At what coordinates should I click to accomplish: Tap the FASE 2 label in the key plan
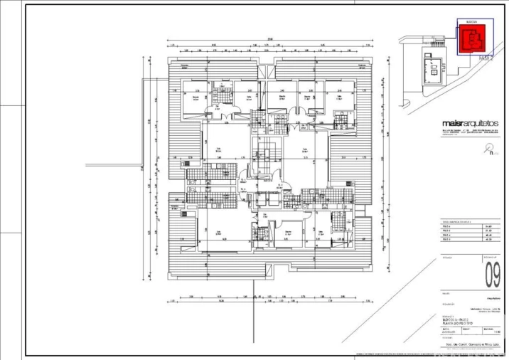click(x=486, y=58)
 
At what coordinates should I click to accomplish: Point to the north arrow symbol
click(x=488, y=149)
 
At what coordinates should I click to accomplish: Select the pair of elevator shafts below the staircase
click(x=268, y=200)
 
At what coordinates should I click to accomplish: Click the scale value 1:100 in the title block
click(x=496, y=333)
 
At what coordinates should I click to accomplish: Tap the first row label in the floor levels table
click(x=446, y=227)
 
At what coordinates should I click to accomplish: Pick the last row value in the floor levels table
click(x=488, y=244)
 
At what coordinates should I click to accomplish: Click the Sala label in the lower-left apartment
click(x=220, y=232)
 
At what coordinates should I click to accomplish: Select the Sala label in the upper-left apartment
click(x=218, y=149)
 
